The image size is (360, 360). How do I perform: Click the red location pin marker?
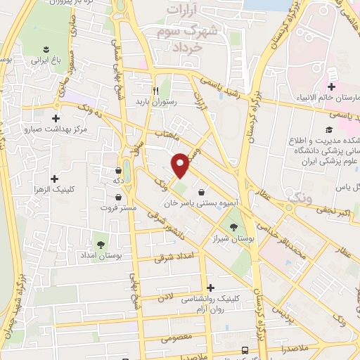(x=181, y=165)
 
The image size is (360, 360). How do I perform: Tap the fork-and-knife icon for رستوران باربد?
(x=157, y=91)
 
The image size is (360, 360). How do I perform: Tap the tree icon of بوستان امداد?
(x=101, y=244)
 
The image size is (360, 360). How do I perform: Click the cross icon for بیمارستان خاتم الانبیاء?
(x=332, y=86)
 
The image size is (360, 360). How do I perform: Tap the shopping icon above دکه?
(x=117, y=169)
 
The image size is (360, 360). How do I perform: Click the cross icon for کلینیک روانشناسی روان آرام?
(x=211, y=287)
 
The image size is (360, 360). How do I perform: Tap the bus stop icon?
(x=244, y=349)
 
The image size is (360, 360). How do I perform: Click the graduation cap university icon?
(x=328, y=129)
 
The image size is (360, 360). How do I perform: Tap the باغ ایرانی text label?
(x=44, y=60)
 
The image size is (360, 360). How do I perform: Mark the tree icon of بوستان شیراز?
(x=233, y=226)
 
